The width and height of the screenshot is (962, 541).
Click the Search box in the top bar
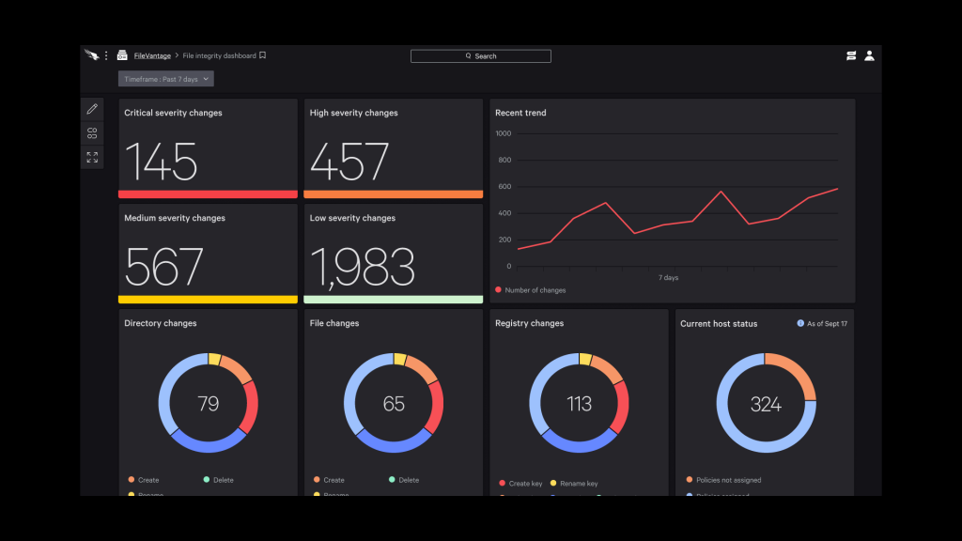480,56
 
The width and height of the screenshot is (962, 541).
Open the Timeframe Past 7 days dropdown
166,79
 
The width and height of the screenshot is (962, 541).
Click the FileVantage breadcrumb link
152,56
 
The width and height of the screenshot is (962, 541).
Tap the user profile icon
869,56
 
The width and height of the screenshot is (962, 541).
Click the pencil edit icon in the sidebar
92,110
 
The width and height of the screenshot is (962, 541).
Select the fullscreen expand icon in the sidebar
92,157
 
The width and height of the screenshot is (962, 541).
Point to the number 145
161,162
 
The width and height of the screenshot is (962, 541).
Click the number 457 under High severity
349,162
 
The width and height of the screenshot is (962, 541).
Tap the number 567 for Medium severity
163,267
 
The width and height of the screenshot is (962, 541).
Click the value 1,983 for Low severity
362,267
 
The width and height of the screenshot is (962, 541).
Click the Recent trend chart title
520,113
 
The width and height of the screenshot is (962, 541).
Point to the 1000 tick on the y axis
503,133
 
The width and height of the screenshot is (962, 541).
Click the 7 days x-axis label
668,278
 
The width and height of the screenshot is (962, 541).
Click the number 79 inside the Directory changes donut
209,404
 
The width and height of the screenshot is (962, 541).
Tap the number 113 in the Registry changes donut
579,404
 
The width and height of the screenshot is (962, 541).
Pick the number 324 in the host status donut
766,405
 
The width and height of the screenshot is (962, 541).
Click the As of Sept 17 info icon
800,323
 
